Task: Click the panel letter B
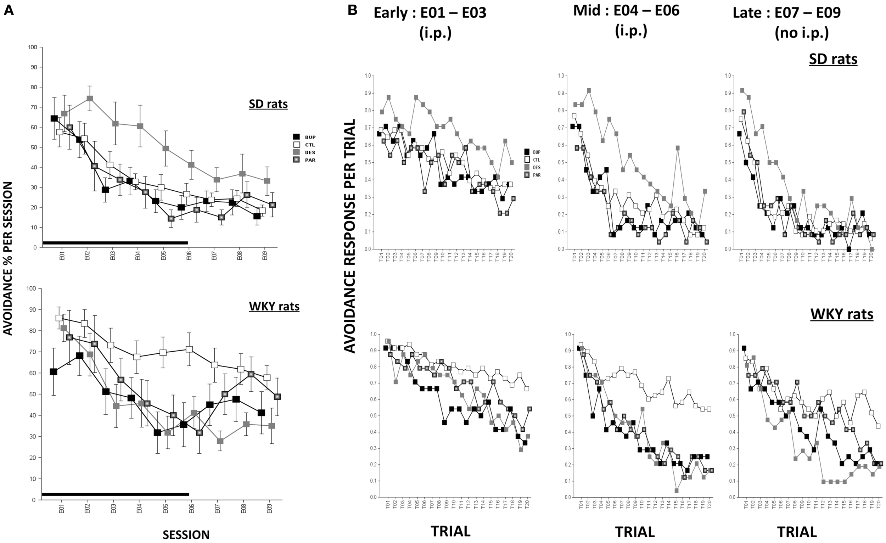352,10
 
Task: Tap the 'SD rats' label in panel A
268,104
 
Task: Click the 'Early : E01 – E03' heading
430,13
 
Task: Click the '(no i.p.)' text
802,33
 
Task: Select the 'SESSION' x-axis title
186,534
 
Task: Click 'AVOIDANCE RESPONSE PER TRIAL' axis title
349,236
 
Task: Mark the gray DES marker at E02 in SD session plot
90,99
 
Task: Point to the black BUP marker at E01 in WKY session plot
54,372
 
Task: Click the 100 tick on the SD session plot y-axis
33,47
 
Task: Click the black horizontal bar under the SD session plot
115,243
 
